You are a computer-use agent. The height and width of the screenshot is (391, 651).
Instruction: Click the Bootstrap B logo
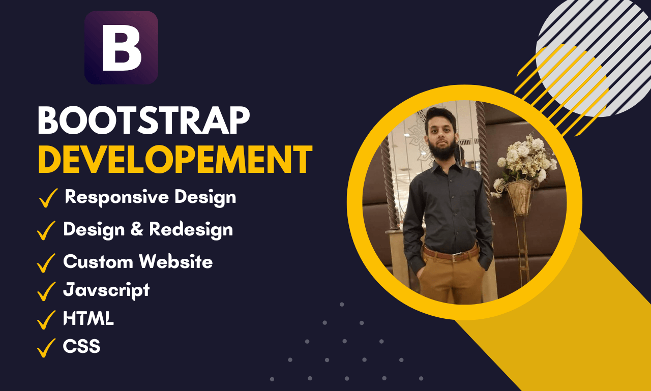121,48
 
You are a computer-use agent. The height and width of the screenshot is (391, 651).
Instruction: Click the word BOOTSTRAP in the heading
144,121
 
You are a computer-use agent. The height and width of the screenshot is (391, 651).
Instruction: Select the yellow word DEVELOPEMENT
175,160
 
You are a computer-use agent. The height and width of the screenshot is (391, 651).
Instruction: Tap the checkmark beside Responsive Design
48,198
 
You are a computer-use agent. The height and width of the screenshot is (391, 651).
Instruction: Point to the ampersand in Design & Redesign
137,228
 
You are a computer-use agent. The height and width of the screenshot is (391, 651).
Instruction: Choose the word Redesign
191,230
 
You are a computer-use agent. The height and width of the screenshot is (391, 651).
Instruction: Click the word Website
176,261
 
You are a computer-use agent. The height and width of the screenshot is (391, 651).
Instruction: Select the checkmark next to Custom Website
46,263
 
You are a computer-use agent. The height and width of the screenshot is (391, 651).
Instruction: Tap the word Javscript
106,290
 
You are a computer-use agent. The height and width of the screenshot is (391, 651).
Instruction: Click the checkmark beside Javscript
46,291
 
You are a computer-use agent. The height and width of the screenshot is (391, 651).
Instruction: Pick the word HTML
88,318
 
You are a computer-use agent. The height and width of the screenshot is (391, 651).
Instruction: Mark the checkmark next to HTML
46,320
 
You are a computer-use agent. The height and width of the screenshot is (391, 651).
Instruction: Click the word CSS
81,346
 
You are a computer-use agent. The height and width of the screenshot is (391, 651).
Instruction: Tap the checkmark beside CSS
46,348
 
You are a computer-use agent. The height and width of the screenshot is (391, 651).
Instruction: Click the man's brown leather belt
451,254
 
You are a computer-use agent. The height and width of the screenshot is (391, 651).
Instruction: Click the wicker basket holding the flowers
519,197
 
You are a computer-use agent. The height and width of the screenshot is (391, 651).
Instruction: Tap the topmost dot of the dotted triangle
342,305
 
